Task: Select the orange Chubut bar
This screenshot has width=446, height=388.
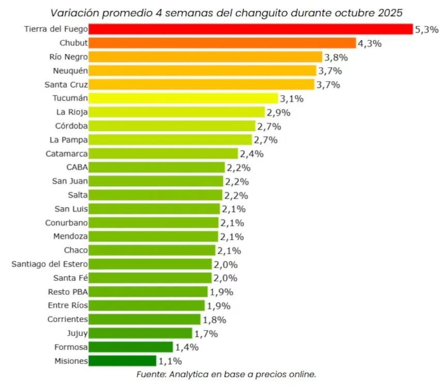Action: tap(222, 43)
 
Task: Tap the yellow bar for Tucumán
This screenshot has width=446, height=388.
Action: tap(184, 98)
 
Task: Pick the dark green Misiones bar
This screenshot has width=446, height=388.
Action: tap(123, 361)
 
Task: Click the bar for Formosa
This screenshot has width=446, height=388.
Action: tap(131, 347)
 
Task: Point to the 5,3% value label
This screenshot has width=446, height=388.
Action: tap(426, 29)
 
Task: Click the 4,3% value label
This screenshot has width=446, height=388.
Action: tap(369, 43)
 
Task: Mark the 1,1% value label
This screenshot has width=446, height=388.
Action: tap(169, 361)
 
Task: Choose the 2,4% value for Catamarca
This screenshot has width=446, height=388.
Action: tap(251, 154)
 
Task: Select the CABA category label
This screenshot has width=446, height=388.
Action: tap(77, 168)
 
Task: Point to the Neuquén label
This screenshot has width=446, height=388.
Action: tap(70, 71)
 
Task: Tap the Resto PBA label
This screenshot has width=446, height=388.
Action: tap(67, 292)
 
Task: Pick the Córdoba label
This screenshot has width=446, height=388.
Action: tap(71, 126)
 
